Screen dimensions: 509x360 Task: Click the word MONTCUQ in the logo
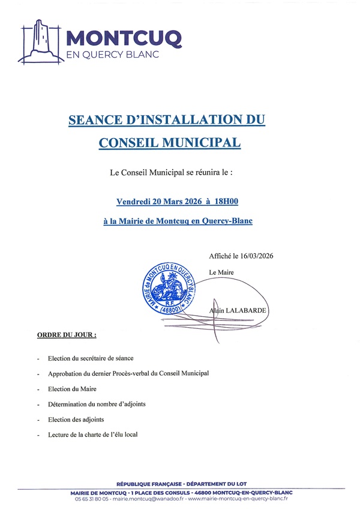(123, 37)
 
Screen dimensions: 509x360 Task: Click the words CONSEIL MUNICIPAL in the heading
(169, 143)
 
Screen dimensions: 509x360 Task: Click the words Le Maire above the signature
(221, 272)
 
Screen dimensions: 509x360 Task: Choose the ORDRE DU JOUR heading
(67, 334)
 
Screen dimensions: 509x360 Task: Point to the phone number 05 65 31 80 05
(92, 499)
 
